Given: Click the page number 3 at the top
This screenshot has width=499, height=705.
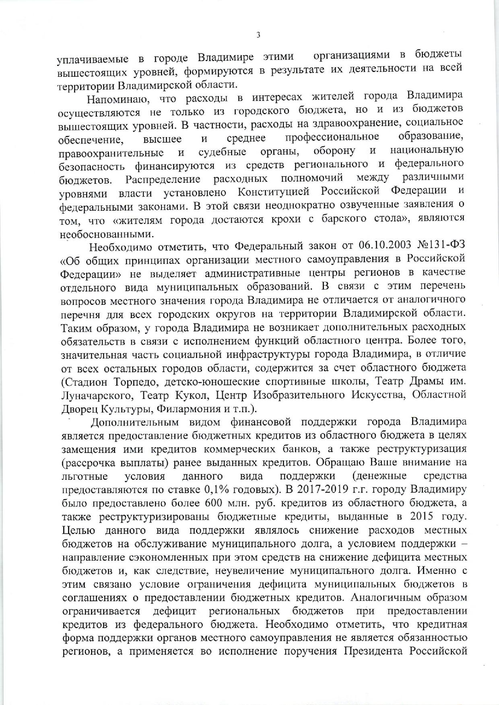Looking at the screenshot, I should (x=258, y=35).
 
